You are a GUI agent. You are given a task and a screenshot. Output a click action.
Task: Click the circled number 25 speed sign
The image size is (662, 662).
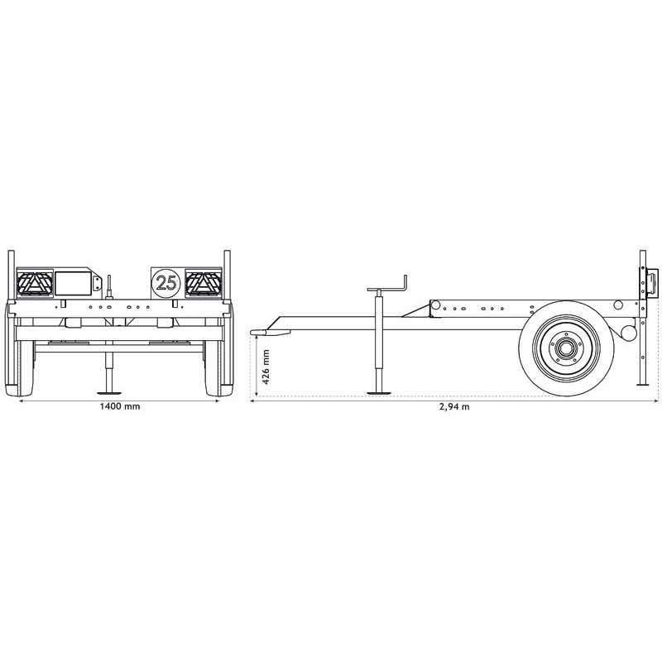[165, 282]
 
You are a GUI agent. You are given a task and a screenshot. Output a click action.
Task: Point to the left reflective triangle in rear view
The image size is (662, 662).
[34, 284]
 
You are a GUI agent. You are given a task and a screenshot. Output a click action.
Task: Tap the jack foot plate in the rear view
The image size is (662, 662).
[108, 393]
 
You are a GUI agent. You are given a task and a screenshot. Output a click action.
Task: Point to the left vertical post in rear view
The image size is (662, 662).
[11, 273]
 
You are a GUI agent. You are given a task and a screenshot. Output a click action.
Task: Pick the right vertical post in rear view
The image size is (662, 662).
[227, 273]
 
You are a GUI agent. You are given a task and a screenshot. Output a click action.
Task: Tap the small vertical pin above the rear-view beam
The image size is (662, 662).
[108, 285]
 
